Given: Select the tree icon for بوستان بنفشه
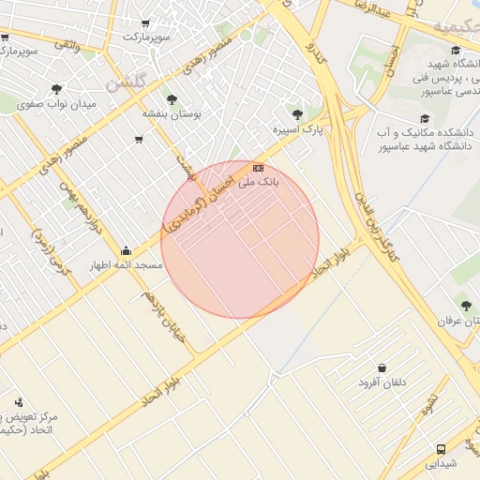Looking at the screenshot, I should (x=171, y=98).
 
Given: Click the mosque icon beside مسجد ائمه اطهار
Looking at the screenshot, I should (x=127, y=251).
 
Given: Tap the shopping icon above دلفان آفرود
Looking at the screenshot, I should (x=382, y=367).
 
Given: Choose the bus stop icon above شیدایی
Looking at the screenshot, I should (x=441, y=448).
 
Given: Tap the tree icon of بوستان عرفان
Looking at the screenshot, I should (x=466, y=305).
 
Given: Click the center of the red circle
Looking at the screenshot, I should (x=240, y=239).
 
